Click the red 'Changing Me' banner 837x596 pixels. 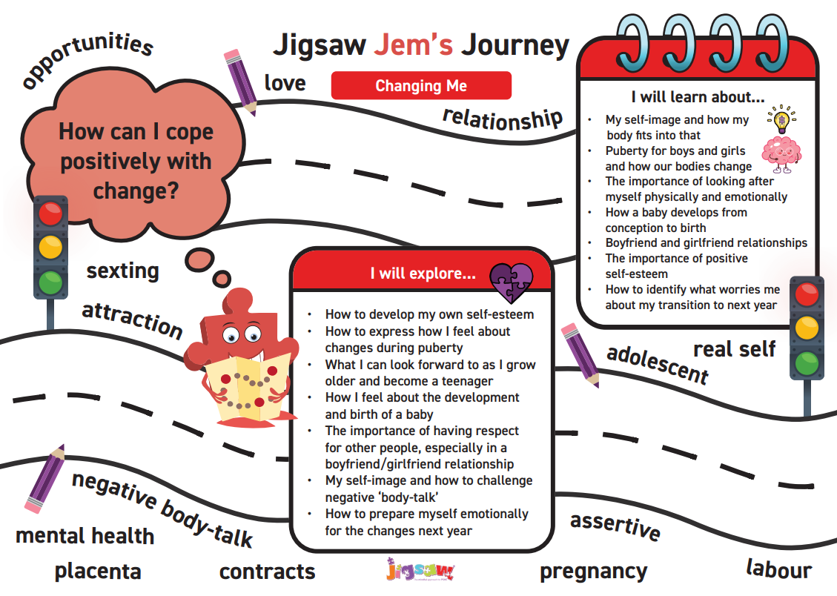(421, 86)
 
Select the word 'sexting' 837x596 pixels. (122, 271)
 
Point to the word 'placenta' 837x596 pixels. (97, 572)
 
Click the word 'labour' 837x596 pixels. (778, 569)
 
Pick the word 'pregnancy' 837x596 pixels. (593, 572)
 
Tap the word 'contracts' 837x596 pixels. (267, 572)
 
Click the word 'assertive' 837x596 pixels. (615, 526)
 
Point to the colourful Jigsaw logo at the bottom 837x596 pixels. (420, 572)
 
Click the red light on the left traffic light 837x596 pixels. (50, 215)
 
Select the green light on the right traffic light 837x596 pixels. (807, 363)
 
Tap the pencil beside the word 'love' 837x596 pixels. (242, 82)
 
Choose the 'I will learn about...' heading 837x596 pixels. (698, 96)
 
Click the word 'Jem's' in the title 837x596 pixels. (413, 45)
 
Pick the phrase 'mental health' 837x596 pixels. (85, 535)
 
